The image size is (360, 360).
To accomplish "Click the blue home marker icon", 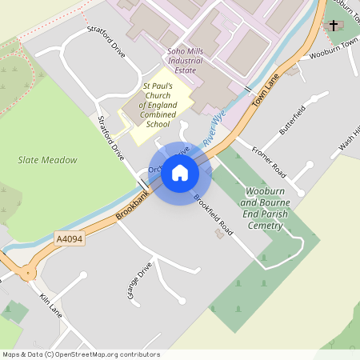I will point(180,172).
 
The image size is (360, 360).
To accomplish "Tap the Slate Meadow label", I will point(48,160).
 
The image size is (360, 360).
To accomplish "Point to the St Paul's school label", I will point(157,106).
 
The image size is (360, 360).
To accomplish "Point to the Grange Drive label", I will point(138,281).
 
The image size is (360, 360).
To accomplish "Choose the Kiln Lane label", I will point(50,305).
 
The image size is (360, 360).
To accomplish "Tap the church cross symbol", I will point(334,25).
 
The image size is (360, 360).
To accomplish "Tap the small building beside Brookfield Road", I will point(220,234).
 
